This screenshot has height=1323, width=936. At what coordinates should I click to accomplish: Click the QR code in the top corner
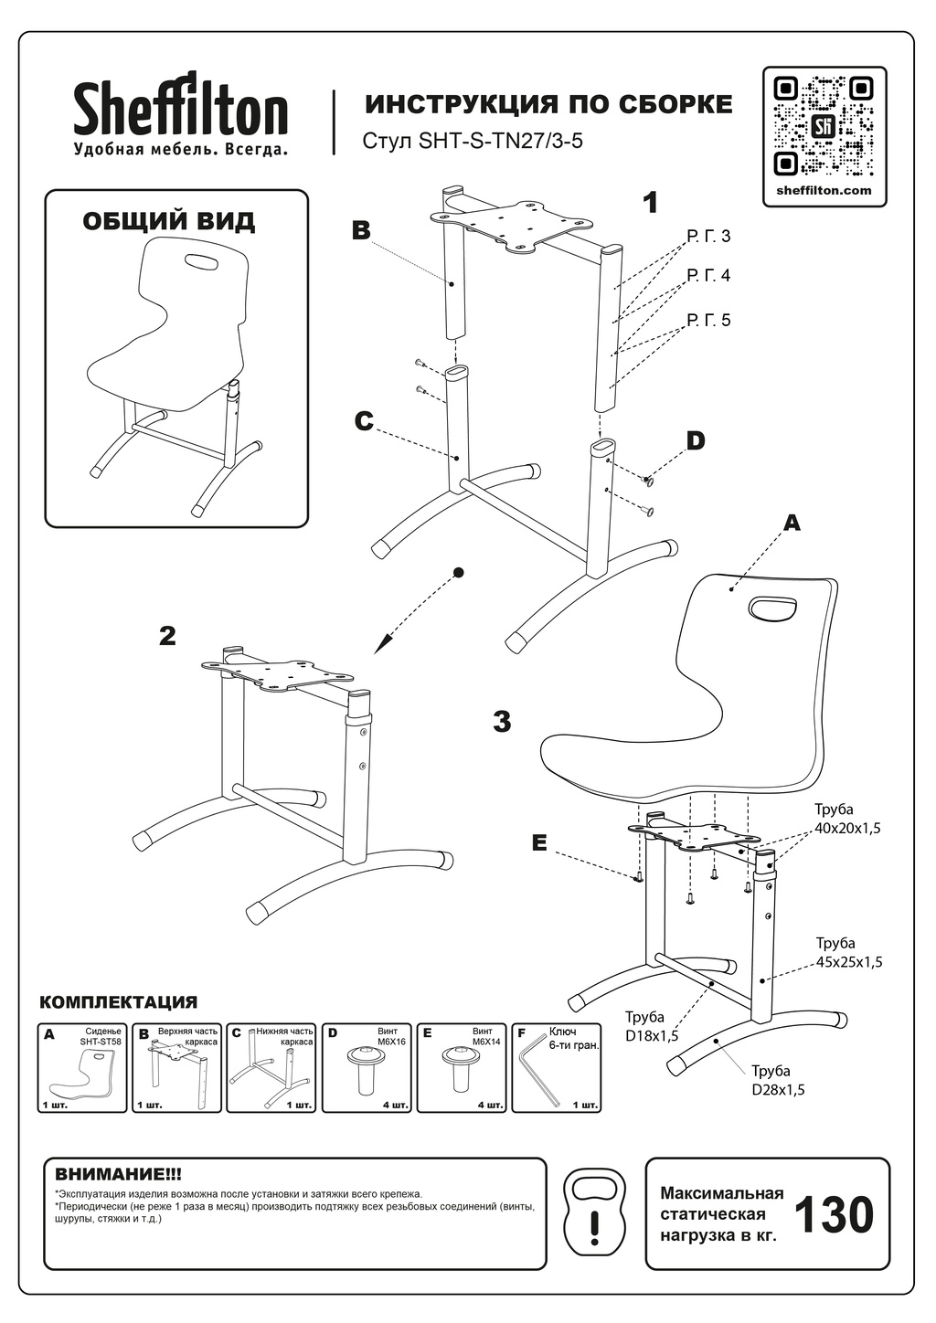coord(824,126)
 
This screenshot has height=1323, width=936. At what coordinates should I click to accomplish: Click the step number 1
coord(650,203)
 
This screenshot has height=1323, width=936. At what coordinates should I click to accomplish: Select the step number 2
coord(167,636)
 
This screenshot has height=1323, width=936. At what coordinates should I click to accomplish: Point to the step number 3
coord(502,722)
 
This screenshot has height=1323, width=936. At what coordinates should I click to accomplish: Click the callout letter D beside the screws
coord(696,441)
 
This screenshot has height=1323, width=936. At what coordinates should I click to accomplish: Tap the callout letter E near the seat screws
coord(539,843)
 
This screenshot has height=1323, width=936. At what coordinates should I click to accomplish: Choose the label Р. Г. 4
coord(708,275)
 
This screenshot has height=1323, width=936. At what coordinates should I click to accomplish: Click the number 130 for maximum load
coord(833,1215)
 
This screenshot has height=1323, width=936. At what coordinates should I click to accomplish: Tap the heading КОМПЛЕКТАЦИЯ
coord(119,1002)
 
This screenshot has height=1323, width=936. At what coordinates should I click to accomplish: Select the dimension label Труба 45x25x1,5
coord(848,952)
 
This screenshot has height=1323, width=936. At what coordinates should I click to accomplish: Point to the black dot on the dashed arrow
coord(459,572)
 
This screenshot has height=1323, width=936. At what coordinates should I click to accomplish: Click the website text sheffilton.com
coord(824,191)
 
